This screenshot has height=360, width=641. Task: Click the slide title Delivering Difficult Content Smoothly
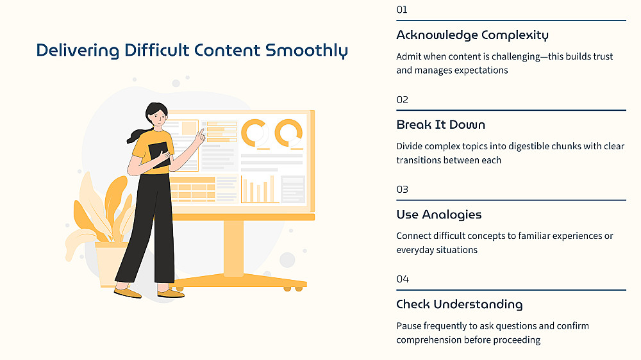coord(192,51)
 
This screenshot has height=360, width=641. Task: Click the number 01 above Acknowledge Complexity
coord(402,10)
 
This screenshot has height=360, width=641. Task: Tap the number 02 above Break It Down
coord(403,100)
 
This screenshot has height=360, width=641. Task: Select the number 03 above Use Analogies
coord(403,190)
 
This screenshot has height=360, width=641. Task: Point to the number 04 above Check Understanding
coord(403,279)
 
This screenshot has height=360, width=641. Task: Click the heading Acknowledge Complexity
coord(472,35)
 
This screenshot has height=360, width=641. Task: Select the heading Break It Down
coord(441,125)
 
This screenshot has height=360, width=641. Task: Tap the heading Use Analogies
coord(439,215)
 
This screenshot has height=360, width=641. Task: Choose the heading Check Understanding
coord(460,304)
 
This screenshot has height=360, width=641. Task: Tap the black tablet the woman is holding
coord(159,155)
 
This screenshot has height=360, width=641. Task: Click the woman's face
coord(158,118)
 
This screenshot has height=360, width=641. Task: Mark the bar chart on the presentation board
coord(260,189)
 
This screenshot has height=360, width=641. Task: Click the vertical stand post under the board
coord(233,248)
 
